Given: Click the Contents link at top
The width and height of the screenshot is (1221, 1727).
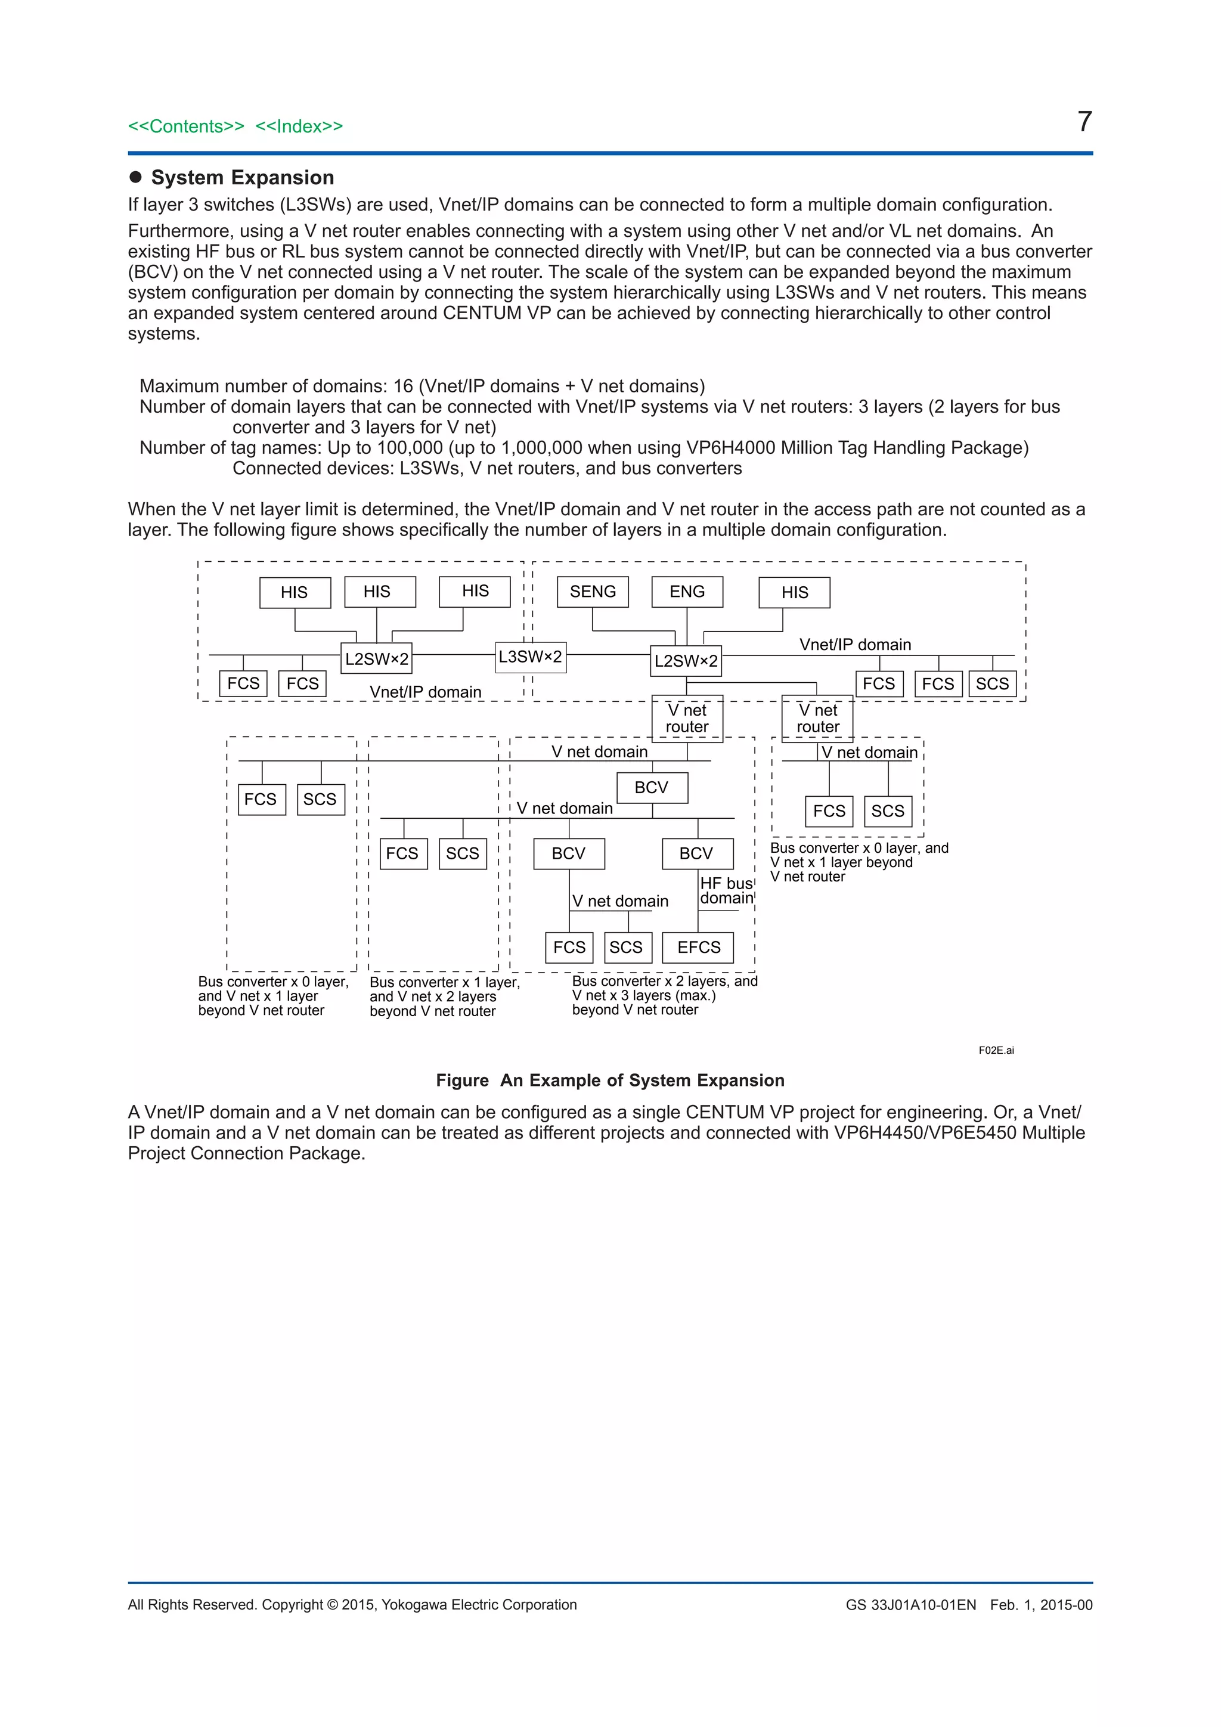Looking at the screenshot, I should [x=185, y=126].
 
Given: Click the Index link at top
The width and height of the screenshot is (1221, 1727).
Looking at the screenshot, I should [x=299, y=126].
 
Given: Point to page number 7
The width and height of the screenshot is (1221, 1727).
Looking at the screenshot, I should [x=1084, y=122].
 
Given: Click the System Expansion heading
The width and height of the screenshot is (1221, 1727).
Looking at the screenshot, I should [x=242, y=178].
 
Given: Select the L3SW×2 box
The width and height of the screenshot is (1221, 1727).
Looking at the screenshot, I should [x=530, y=657].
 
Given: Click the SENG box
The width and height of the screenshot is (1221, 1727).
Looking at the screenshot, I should [x=593, y=592].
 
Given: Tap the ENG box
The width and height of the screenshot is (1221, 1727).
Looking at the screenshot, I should [x=687, y=592].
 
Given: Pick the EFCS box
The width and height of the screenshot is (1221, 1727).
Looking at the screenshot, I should [x=699, y=947].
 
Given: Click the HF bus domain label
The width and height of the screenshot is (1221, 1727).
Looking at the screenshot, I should [x=726, y=890].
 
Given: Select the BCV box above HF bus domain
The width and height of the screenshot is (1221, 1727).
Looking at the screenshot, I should [x=697, y=854].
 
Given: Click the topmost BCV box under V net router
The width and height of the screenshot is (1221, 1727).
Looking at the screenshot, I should [x=652, y=788].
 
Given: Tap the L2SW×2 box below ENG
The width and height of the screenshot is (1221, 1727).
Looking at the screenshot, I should [x=686, y=661].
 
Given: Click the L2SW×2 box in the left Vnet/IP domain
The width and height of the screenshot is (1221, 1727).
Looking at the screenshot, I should [x=377, y=659].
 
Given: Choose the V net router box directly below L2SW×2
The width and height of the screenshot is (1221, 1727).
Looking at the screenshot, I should [x=687, y=719].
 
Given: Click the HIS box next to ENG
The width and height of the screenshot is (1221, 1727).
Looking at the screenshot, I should [x=795, y=593].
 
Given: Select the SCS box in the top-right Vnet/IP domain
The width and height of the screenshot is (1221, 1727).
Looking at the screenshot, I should [x=993, y=684].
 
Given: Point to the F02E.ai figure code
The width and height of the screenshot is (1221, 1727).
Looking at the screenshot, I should [x=996, y=1050].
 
